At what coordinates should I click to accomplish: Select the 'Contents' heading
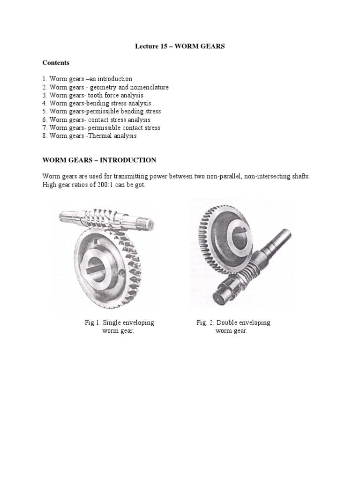click(x=56, y=63)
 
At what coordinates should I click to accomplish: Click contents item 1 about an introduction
click(x=87, y=79)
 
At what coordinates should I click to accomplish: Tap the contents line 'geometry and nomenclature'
click(x=105, y=87)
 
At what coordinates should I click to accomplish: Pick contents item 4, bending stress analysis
click(x=97, y=103)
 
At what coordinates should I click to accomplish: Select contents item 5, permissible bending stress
click(x=101, y=112)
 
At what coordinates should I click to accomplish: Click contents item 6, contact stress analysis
click(x=97, y=120)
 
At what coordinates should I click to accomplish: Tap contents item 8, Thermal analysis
click(x=89, y=136)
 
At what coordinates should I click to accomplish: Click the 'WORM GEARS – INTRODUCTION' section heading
click(x=99, y=160)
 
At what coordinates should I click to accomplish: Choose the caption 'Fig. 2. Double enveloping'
click(x=233, y=323)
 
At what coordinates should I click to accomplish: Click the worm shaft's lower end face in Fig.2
click(x=221, y=296)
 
